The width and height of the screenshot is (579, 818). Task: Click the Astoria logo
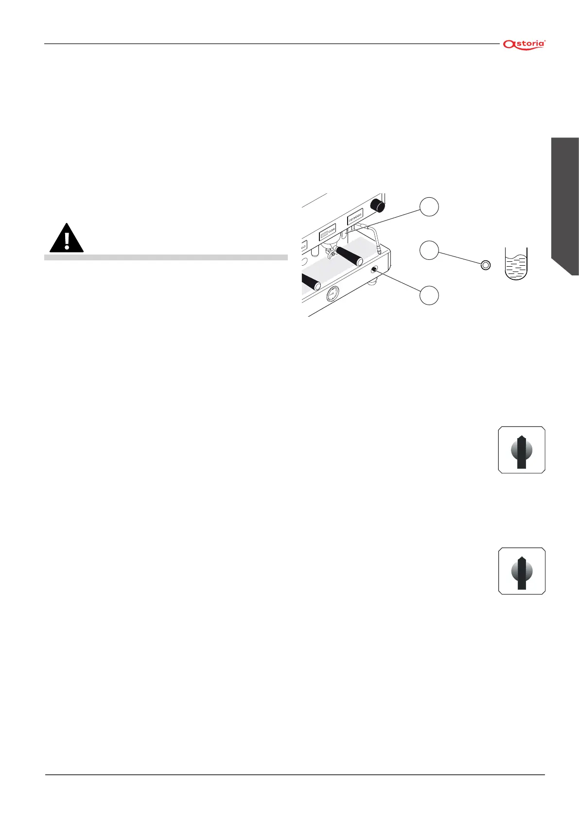point(524,44)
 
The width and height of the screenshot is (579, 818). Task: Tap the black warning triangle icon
point(67,239)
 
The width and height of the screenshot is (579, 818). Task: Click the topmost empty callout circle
point(429,207)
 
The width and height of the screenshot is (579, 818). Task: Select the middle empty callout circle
point(429,250)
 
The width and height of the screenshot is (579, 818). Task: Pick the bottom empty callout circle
point(429,295)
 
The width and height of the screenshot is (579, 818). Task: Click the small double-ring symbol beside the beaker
point(485,265)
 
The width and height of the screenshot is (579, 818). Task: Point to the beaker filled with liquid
point(516,264)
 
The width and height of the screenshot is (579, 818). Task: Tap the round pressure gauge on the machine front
point(333,294)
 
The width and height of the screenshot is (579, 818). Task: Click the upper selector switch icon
point(522,450)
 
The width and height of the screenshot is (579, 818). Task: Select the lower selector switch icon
point(522,571)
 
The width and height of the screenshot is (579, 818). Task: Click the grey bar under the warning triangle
point(166,257)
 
